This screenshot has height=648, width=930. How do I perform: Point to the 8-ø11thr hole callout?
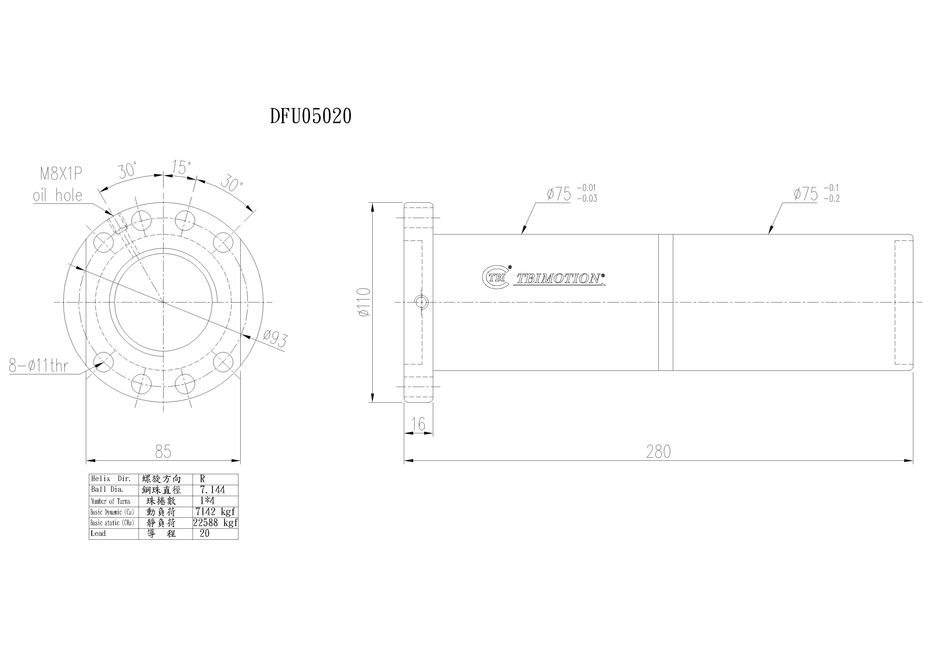point(38,366)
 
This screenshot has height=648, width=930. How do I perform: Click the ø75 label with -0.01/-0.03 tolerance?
point(571,194)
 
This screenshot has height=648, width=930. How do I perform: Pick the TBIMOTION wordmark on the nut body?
point(559,279)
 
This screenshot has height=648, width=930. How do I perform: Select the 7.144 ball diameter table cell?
point(212,490)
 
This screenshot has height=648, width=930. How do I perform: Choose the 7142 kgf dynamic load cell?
point(215,511)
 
